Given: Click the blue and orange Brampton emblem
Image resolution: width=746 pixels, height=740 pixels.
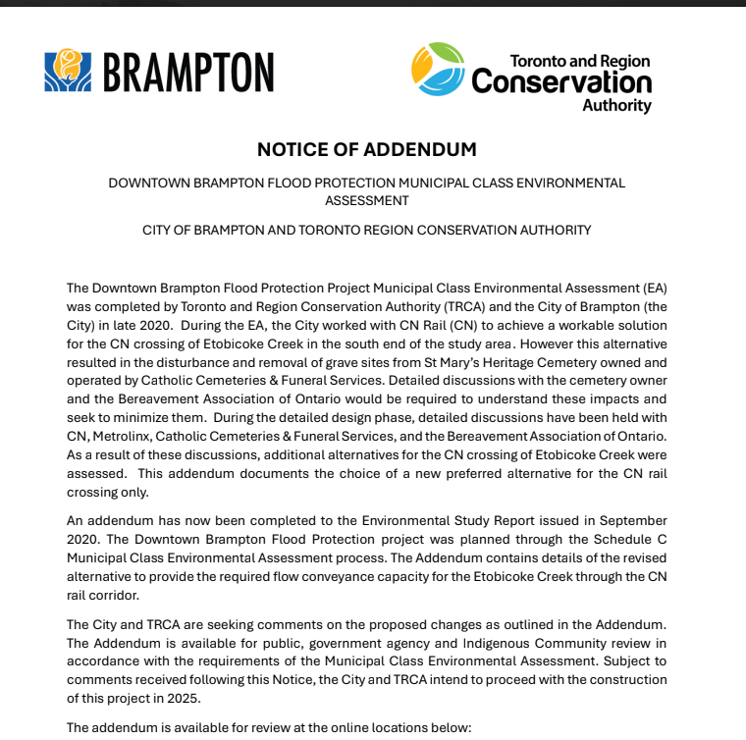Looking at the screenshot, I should click(x=68, y=71).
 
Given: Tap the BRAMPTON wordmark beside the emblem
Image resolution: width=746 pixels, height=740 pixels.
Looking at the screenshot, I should click(x=187, y=72).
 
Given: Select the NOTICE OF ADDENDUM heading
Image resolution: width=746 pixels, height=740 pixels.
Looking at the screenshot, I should click(x=366, y=150).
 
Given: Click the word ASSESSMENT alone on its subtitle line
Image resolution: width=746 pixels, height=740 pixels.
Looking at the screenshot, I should click(x=366, y=200).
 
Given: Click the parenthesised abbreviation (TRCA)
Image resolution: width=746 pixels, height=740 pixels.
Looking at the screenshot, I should click(x=400, y=306).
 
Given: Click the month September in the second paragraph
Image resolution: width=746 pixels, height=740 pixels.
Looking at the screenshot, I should click(x=630, y=520).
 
